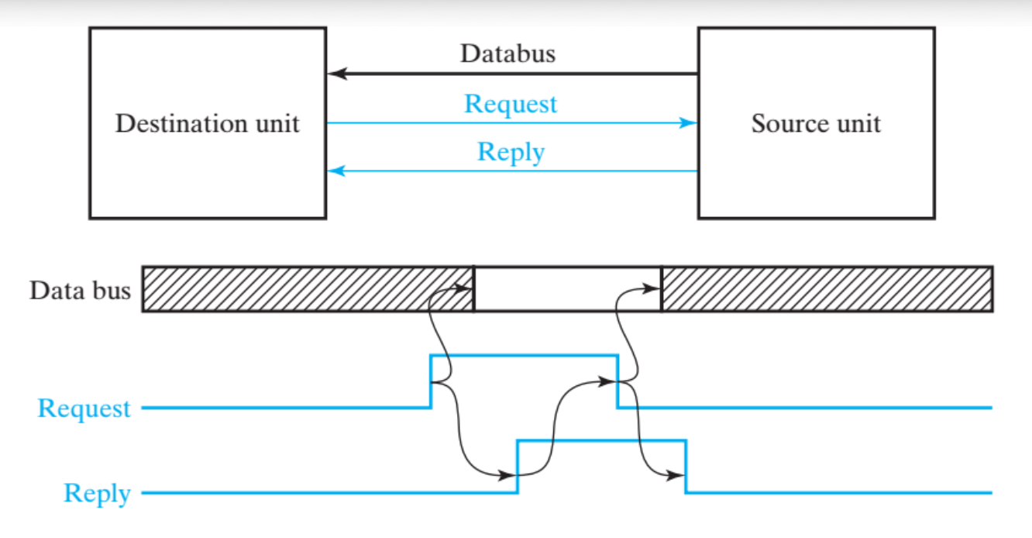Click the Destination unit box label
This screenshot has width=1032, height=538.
click(x=207, y=124)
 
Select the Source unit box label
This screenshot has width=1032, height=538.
click(x=816, y=124)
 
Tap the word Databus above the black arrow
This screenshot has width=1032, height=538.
click(x=507, y=54)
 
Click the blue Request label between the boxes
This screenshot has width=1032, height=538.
click(x=511, y=104)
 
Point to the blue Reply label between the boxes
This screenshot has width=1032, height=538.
click(x=511, y=151)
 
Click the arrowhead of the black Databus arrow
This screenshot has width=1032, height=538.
click(x=335, y=74)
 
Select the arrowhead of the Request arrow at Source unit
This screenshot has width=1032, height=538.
click(x=689, y=122)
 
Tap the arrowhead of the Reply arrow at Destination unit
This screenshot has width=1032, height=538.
click(x=335, y=171)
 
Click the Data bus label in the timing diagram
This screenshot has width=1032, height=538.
click(x=80, y=291)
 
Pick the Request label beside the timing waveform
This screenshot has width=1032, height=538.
click(x=84, y=409)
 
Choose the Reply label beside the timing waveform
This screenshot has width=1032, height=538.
click(x=97, y=494)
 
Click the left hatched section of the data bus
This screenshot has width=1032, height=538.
click(x=308, y=289)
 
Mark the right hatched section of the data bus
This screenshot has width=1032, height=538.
click(x=827, y=289)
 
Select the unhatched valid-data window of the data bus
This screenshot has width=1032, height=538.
click(x=567, y=289)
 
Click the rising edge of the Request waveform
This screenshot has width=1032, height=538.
click(x=431, y=381)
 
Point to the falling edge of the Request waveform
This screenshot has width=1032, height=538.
click(x=617, y=381)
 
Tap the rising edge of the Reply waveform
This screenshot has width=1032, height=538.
click(x=518, y=466)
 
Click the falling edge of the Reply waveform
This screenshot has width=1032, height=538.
click(x=686, y=466)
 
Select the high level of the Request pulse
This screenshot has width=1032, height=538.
click(x=524, y=355)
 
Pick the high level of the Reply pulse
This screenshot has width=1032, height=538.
click(x=601, y=440)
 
